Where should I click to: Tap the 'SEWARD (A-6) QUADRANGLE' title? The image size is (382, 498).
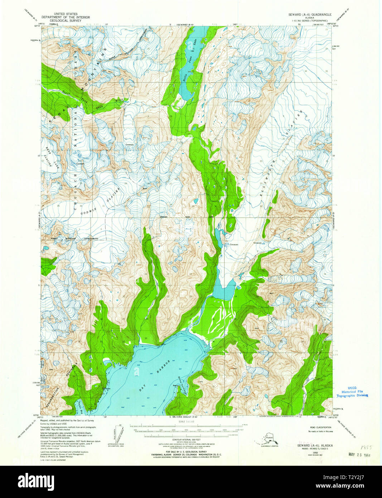point(310,14)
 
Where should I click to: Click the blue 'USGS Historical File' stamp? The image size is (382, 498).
point(352,392)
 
